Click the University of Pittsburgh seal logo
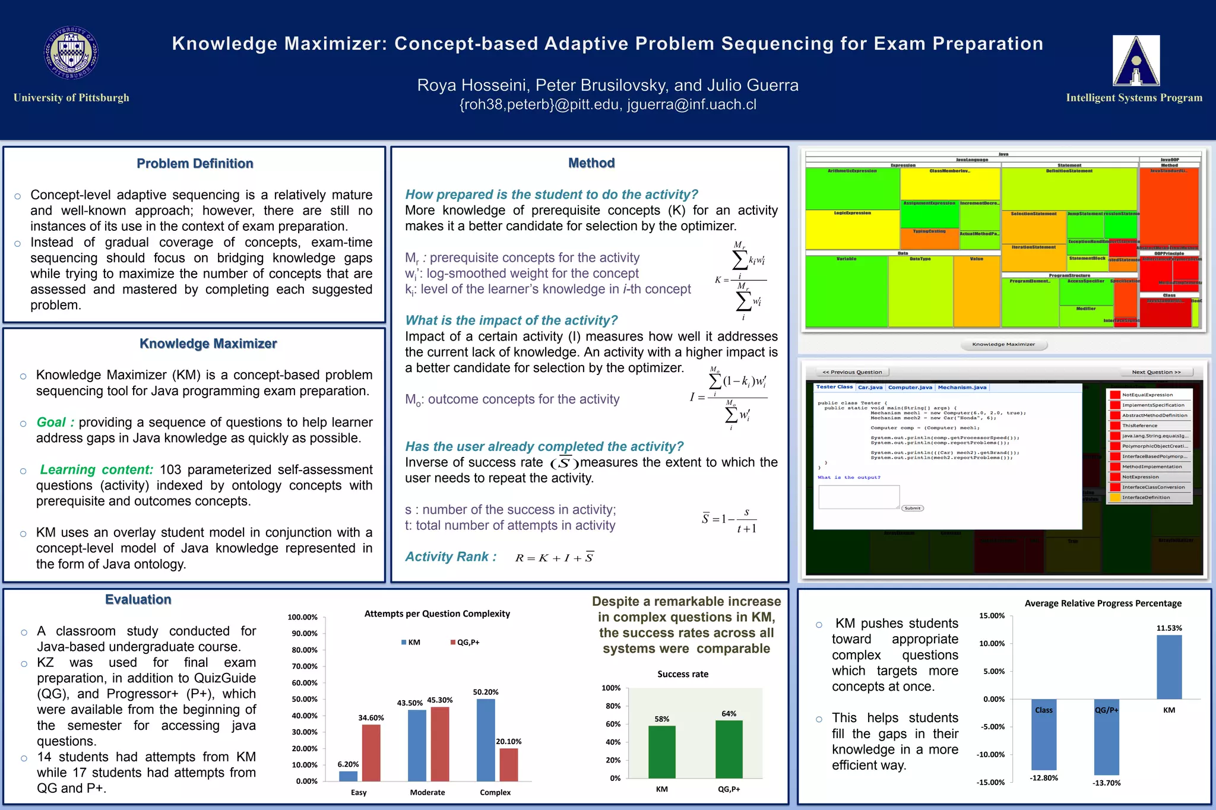[x=71, y=53]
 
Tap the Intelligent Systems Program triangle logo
[x=1136, y=61]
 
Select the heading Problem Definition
[x=195, y=164]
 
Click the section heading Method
[x=591, y=163]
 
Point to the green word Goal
[x=51, y=423]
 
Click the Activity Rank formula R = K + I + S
[x=554, y=558]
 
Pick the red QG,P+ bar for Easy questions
[x=371, y=752]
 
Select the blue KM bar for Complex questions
[x=486, y=739]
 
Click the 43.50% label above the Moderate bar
[x=410, y=703]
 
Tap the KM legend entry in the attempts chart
[x=410, y=642]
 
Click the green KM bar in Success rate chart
[x=661, y=751]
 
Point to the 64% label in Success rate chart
[x=729, y=714]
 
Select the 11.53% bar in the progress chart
[x=1168, y=667]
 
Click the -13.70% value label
[x=1106, y=783]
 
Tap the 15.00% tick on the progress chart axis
[x=992, y=616]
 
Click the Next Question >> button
[x=1155, y=372]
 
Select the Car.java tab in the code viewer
[x=870, y=387]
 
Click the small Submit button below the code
[x=912, y=508]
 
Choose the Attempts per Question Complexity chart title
[x=437, y=614]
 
